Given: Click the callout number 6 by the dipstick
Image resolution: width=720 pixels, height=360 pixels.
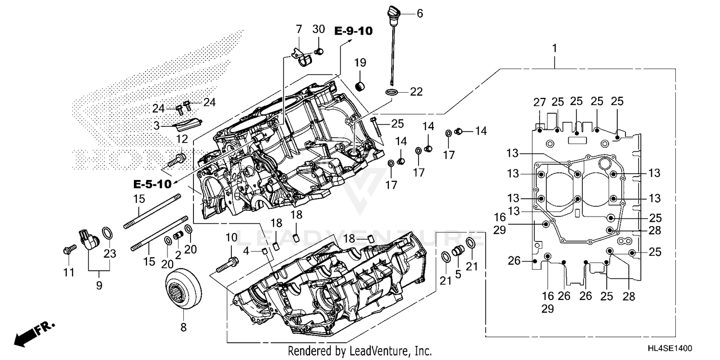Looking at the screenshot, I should coord(420,13).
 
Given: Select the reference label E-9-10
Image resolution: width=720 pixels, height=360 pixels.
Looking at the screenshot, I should coord(353,31).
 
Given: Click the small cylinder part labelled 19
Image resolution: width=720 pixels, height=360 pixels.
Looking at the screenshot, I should coord(360,87).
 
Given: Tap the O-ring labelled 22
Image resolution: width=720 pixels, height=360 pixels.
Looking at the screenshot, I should coord(391,92).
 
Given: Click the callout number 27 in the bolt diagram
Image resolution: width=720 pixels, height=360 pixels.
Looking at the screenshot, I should coord(540,102).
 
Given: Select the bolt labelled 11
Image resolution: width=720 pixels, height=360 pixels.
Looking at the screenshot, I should coord(69,250).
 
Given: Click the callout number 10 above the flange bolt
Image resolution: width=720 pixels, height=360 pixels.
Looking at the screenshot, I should coord(231,237).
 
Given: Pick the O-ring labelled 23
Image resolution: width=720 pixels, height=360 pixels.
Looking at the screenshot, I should coord(108,234).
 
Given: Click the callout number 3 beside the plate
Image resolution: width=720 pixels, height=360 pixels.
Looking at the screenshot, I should coord(156,126).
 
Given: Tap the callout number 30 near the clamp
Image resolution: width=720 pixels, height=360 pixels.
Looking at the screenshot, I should coord(319,29).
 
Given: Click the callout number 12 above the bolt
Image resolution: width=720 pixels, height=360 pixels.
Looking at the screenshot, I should coord(182,139).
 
